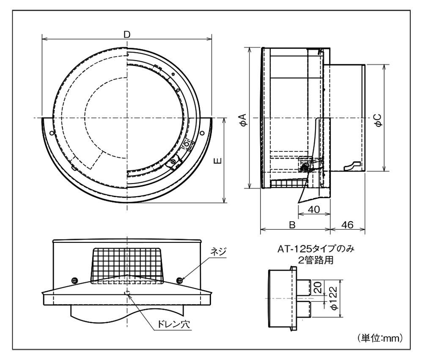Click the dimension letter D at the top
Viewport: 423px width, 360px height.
pyautogui.click(x=126, y=34)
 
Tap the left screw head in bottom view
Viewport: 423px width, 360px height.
pyautogui.click(x=74, y=280)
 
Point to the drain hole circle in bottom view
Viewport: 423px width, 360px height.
pyautogui.click(x=126, y=292)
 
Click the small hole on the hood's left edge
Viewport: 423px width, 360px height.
pyautogui.click(x=52, y=133)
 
